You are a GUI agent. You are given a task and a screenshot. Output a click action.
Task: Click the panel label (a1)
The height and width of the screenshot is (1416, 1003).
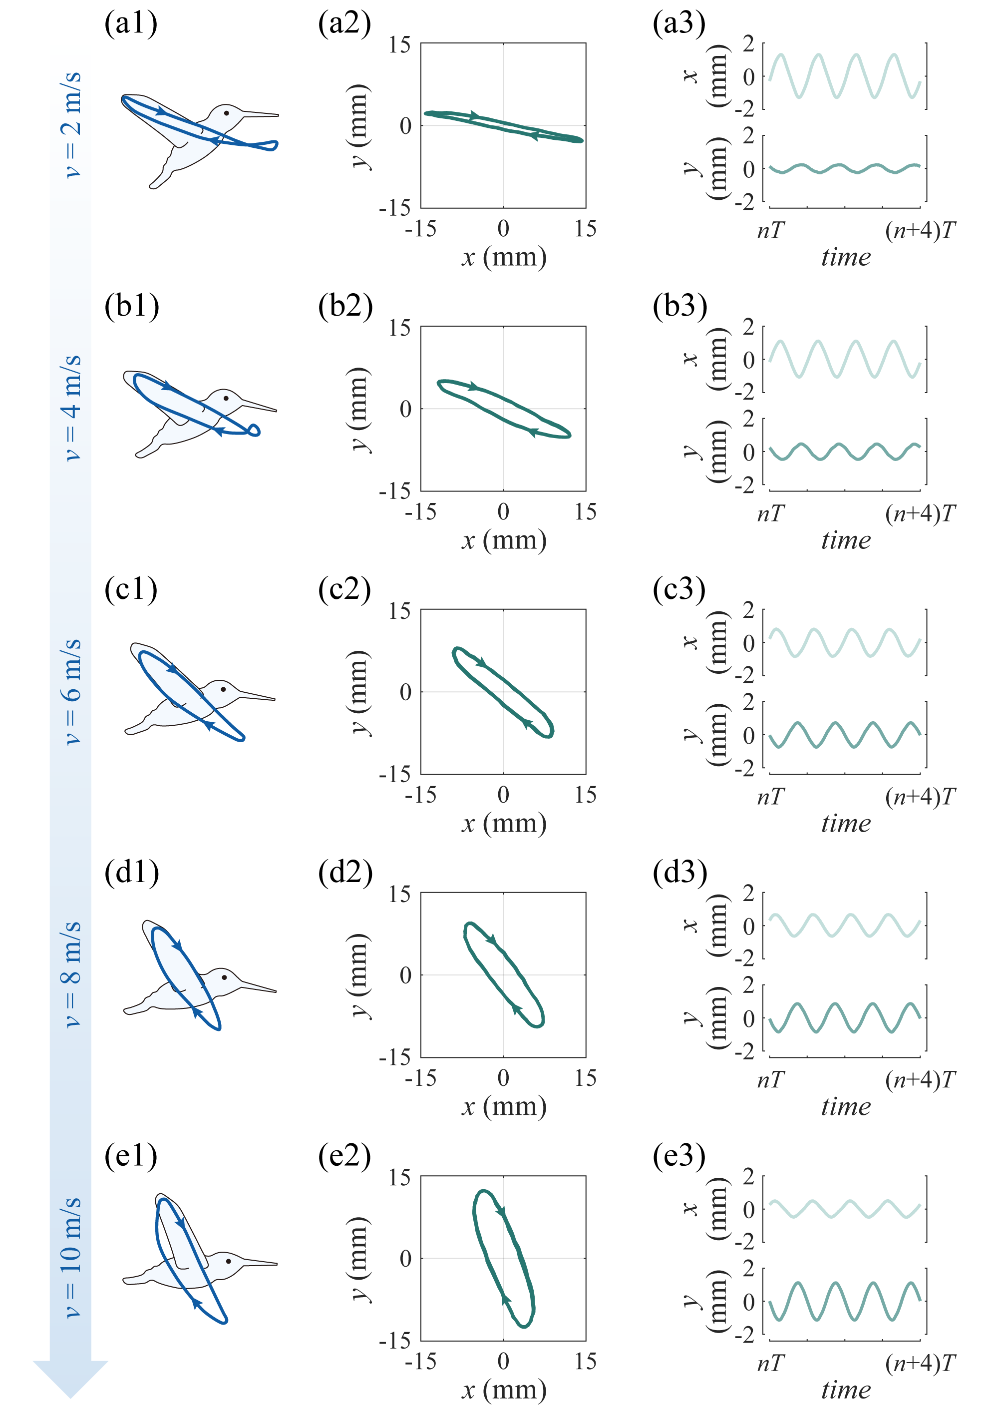pyautogui.click(x=131, y=23)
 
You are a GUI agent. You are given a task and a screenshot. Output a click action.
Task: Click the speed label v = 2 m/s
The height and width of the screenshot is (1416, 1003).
pyautogui.click(x=72, y=123)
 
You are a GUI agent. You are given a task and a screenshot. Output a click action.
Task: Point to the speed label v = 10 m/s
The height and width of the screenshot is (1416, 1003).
pyautogui.click(x=72, y=1257)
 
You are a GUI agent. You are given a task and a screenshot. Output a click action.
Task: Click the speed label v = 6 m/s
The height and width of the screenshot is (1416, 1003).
pyautogui.click(x=72, y=691)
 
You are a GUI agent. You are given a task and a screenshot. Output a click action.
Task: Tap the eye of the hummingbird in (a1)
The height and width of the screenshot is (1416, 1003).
pyautogui.click(x=227, y=113)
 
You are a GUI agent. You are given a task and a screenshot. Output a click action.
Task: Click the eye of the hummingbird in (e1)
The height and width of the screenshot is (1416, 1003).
pyautogui.click(x=229, y=1260)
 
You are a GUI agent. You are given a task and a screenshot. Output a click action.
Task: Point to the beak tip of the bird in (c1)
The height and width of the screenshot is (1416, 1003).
pyautogui.click(x=275, y=700)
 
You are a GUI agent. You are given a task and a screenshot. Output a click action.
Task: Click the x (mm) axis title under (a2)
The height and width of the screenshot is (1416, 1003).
pyautogui.click(x=503, y=256)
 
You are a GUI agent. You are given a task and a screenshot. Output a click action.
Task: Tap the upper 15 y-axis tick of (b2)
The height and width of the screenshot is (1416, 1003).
pyautogui.click(x=399, y=328)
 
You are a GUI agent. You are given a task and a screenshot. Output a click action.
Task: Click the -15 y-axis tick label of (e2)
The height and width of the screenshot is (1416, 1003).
pyautogui.click(x=394, y=1340)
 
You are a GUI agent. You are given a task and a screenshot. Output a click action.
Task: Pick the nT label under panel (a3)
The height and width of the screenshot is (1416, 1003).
pyautogui.click(x=771, y=230)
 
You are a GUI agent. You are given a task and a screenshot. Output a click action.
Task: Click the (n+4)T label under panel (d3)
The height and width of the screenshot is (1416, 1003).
pyautogui.click(x=920, y=1080)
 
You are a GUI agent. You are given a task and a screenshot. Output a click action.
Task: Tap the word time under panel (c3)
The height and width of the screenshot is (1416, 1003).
pyautogui.click(x=846, y=823)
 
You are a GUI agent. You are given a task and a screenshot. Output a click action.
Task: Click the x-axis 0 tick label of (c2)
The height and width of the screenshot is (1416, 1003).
pyautogui.click(x=503, y=795)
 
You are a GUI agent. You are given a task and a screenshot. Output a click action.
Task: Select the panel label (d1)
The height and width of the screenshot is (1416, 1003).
pyautogui.click(x=131, y=873)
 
